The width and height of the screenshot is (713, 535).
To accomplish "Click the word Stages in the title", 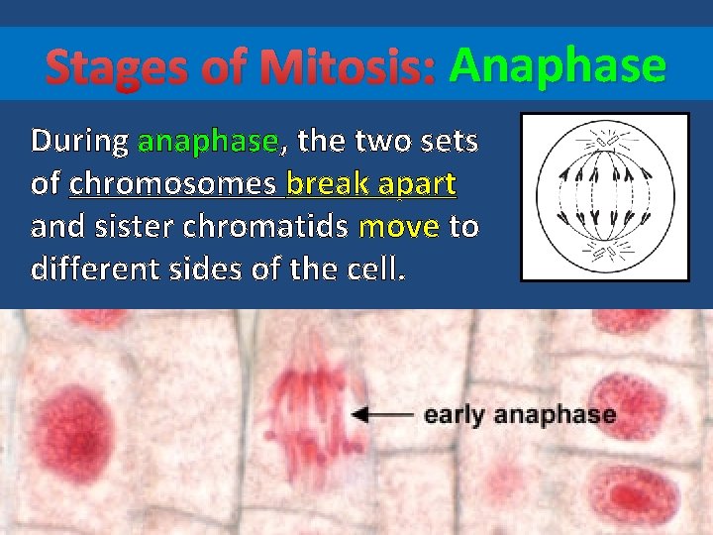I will [x=100, y=68].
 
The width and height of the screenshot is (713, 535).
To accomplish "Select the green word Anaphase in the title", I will [x=558, y=66].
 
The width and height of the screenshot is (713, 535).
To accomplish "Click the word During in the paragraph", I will [x=79, y=142].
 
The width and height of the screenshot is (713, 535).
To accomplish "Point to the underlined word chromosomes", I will [x=173, y=184].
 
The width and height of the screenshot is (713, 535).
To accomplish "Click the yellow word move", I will [x=398, y=227].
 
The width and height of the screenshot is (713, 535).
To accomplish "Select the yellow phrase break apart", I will [x=370, y=184].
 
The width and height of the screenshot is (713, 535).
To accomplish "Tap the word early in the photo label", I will [x=456, y=415].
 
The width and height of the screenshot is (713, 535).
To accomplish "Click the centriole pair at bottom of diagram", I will [x=605, y=255].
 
